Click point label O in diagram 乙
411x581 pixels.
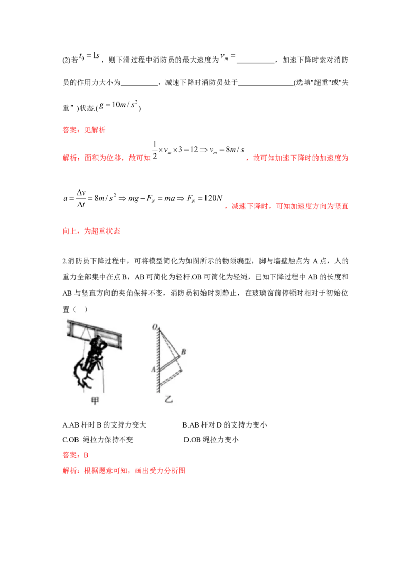154,327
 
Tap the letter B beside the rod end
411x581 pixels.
183,352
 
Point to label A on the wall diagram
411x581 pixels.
153,369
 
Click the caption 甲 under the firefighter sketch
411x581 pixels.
95,400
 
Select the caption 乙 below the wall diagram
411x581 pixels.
169,399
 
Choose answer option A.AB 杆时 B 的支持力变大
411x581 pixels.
104,424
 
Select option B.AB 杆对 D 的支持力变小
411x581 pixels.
225,424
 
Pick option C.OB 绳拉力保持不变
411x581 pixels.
98,440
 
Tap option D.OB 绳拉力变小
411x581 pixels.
212,440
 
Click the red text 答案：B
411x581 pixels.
76,455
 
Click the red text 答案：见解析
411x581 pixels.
84,130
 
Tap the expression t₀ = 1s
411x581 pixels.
89,56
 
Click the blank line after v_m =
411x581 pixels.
255,62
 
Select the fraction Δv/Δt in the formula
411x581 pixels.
81,199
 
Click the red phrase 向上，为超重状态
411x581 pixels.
91,231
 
